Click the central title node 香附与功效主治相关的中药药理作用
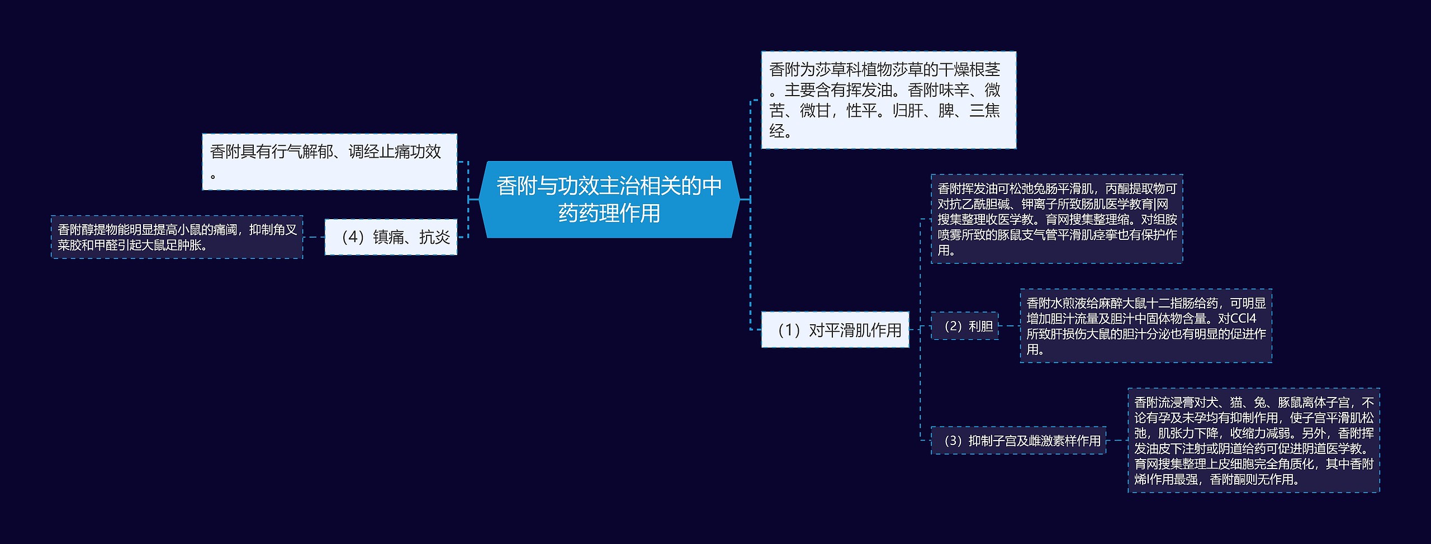pyautogui.click(x=609, y=199)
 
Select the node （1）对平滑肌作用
pyautogui.click(x=835, y=330)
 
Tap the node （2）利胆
pyautogui.click(x=964, y=326)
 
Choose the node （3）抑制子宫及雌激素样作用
pyautogui.click(x=1018, y=441)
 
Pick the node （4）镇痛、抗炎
pyautogui.click(x=391, y=237)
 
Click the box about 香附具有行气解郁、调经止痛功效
pyautogui.click(x=329, y=162)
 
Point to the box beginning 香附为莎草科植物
pyautogui.click(x=888, y=100)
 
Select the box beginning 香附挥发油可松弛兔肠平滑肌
pyautogui.click(x=1056, y=219)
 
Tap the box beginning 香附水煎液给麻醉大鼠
pyautogui.click(x=1145, y=326)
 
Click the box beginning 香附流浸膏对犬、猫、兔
pyautogui.click(x=1253, y=441)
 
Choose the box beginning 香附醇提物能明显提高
pyautogui.click(x=177, y=237)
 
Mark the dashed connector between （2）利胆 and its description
pyautogui.click(x=1009, y=326)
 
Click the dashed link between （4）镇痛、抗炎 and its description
pyautogui.click(x=314, y=237)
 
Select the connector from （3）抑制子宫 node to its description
pyautogui.click(x=1117, y=441)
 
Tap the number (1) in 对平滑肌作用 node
pyautogui.click(x=789, y=330)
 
